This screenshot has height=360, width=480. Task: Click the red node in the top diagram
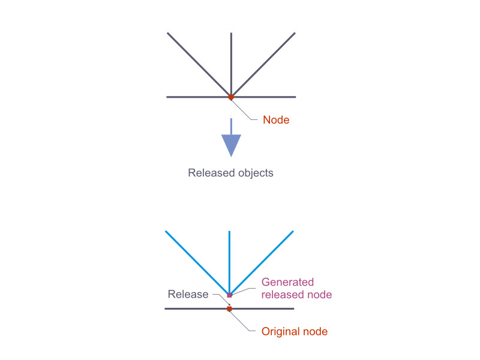coord(231,97)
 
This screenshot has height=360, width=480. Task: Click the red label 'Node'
coord(276,120)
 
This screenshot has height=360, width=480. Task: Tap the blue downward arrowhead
coord(231,145)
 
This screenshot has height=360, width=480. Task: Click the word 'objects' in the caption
coord(254,173)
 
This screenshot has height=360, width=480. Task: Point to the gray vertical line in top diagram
coord(231,60)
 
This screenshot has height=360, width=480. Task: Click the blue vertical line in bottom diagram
coord(229,258)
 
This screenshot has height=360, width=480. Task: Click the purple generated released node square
coord(229,295)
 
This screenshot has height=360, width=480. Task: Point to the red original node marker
coord(229,309)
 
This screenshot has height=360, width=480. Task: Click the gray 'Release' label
coord(188,294)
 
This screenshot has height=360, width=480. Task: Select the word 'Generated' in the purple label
coord(287,282)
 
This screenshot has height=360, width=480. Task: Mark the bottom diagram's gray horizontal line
coord(192,309)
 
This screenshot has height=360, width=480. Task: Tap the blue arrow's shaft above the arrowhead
coord(231,126)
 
